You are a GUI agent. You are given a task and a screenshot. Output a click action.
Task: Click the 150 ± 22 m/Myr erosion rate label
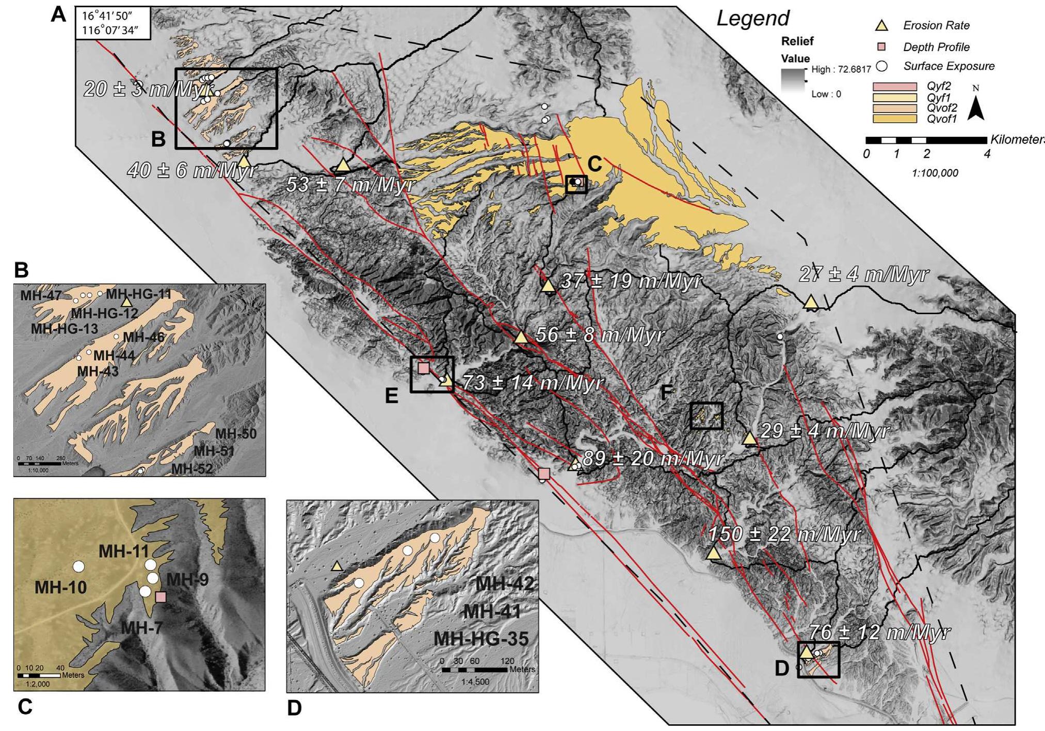tap(783, 535)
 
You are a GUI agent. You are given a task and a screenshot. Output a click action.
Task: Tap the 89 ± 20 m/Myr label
tap(653, 459)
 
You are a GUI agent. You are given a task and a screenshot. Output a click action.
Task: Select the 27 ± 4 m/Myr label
tap(864, 274)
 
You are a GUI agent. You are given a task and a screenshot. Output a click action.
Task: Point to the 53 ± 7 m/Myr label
tap(350, 185)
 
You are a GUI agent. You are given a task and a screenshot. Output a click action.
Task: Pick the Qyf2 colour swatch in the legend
tap(895, 87)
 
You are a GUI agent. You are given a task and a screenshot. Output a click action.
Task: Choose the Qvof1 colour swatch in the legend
tap(895, 119)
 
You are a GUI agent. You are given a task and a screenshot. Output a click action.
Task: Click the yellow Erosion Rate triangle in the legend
tap(882, 25)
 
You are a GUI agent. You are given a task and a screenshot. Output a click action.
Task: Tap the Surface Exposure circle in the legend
tap(882, 66)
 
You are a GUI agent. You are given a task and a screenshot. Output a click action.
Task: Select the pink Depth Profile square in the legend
tap(882, 47)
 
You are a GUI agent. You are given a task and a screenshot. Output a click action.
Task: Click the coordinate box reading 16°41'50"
tap(113, 23)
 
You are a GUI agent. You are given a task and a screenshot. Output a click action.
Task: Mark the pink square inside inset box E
tap(424, 368)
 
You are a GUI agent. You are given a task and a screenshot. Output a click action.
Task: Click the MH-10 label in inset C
tap(60, 587)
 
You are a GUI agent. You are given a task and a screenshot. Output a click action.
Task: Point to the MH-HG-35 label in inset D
tap(481, 639)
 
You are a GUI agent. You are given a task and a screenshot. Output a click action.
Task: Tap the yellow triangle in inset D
tap(337, 566)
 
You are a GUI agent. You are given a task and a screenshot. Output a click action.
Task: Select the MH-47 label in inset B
tap(41, 296)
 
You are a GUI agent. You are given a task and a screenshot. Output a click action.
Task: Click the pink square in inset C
tap(161, 597)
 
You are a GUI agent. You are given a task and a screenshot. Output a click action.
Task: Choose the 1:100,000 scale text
tap(935, 173)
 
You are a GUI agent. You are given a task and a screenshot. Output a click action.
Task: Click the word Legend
tap(753, 19)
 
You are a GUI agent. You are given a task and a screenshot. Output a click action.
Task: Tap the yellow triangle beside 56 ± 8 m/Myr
tap(521, 337)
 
